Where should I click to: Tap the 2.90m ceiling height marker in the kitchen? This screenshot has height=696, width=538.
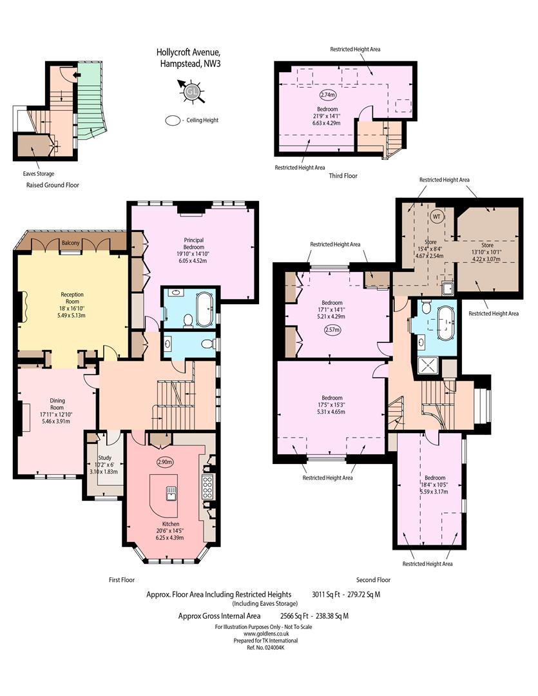(x=165, y=461)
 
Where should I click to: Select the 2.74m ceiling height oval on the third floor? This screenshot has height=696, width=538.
(x=327, y=95)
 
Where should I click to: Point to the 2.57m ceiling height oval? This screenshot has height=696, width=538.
(x=332, y=330)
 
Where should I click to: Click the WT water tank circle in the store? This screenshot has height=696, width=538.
(x=436, y=217)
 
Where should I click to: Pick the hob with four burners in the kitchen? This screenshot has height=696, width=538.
(x=207, y=486)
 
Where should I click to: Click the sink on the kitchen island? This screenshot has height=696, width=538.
(x=171, y=493)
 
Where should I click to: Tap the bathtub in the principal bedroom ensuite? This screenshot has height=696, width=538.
(x=205, y=309)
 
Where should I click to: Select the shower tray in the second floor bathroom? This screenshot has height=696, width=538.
(x=428, y=366)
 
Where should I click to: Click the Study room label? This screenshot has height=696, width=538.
(x=105, y=458)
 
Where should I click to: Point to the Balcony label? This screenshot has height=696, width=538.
(x=71, y=243)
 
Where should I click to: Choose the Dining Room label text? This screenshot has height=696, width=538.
(x=57, y=404)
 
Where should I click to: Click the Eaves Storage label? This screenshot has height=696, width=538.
(x=39, y=173)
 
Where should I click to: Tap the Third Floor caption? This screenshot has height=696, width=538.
(x=343, y=175)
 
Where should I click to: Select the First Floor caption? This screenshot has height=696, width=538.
(x=122, y=580)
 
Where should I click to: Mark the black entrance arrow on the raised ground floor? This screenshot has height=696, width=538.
(x=76, y=75)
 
